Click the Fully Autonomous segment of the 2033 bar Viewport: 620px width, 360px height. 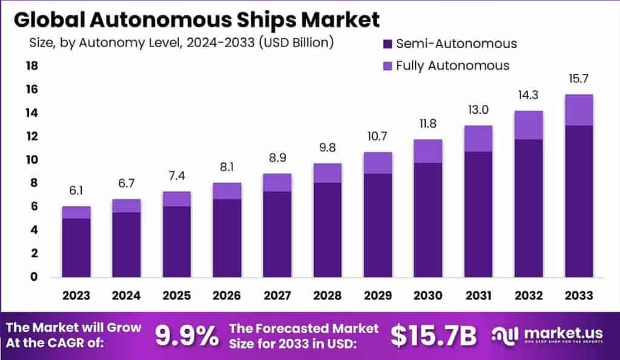(x=578, y=110)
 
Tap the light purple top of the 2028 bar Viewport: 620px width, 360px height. (x=327, y=173)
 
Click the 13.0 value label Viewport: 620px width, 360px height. (x=478, y=111)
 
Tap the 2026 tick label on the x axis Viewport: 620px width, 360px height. (x=227, y=295)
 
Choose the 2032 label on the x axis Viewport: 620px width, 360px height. (x=528, y=295)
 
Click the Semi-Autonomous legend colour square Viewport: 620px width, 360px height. (x=387, y=44)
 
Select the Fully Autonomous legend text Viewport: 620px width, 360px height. (x=452, y=65)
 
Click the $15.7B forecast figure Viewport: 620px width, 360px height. (x=433, y=336)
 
